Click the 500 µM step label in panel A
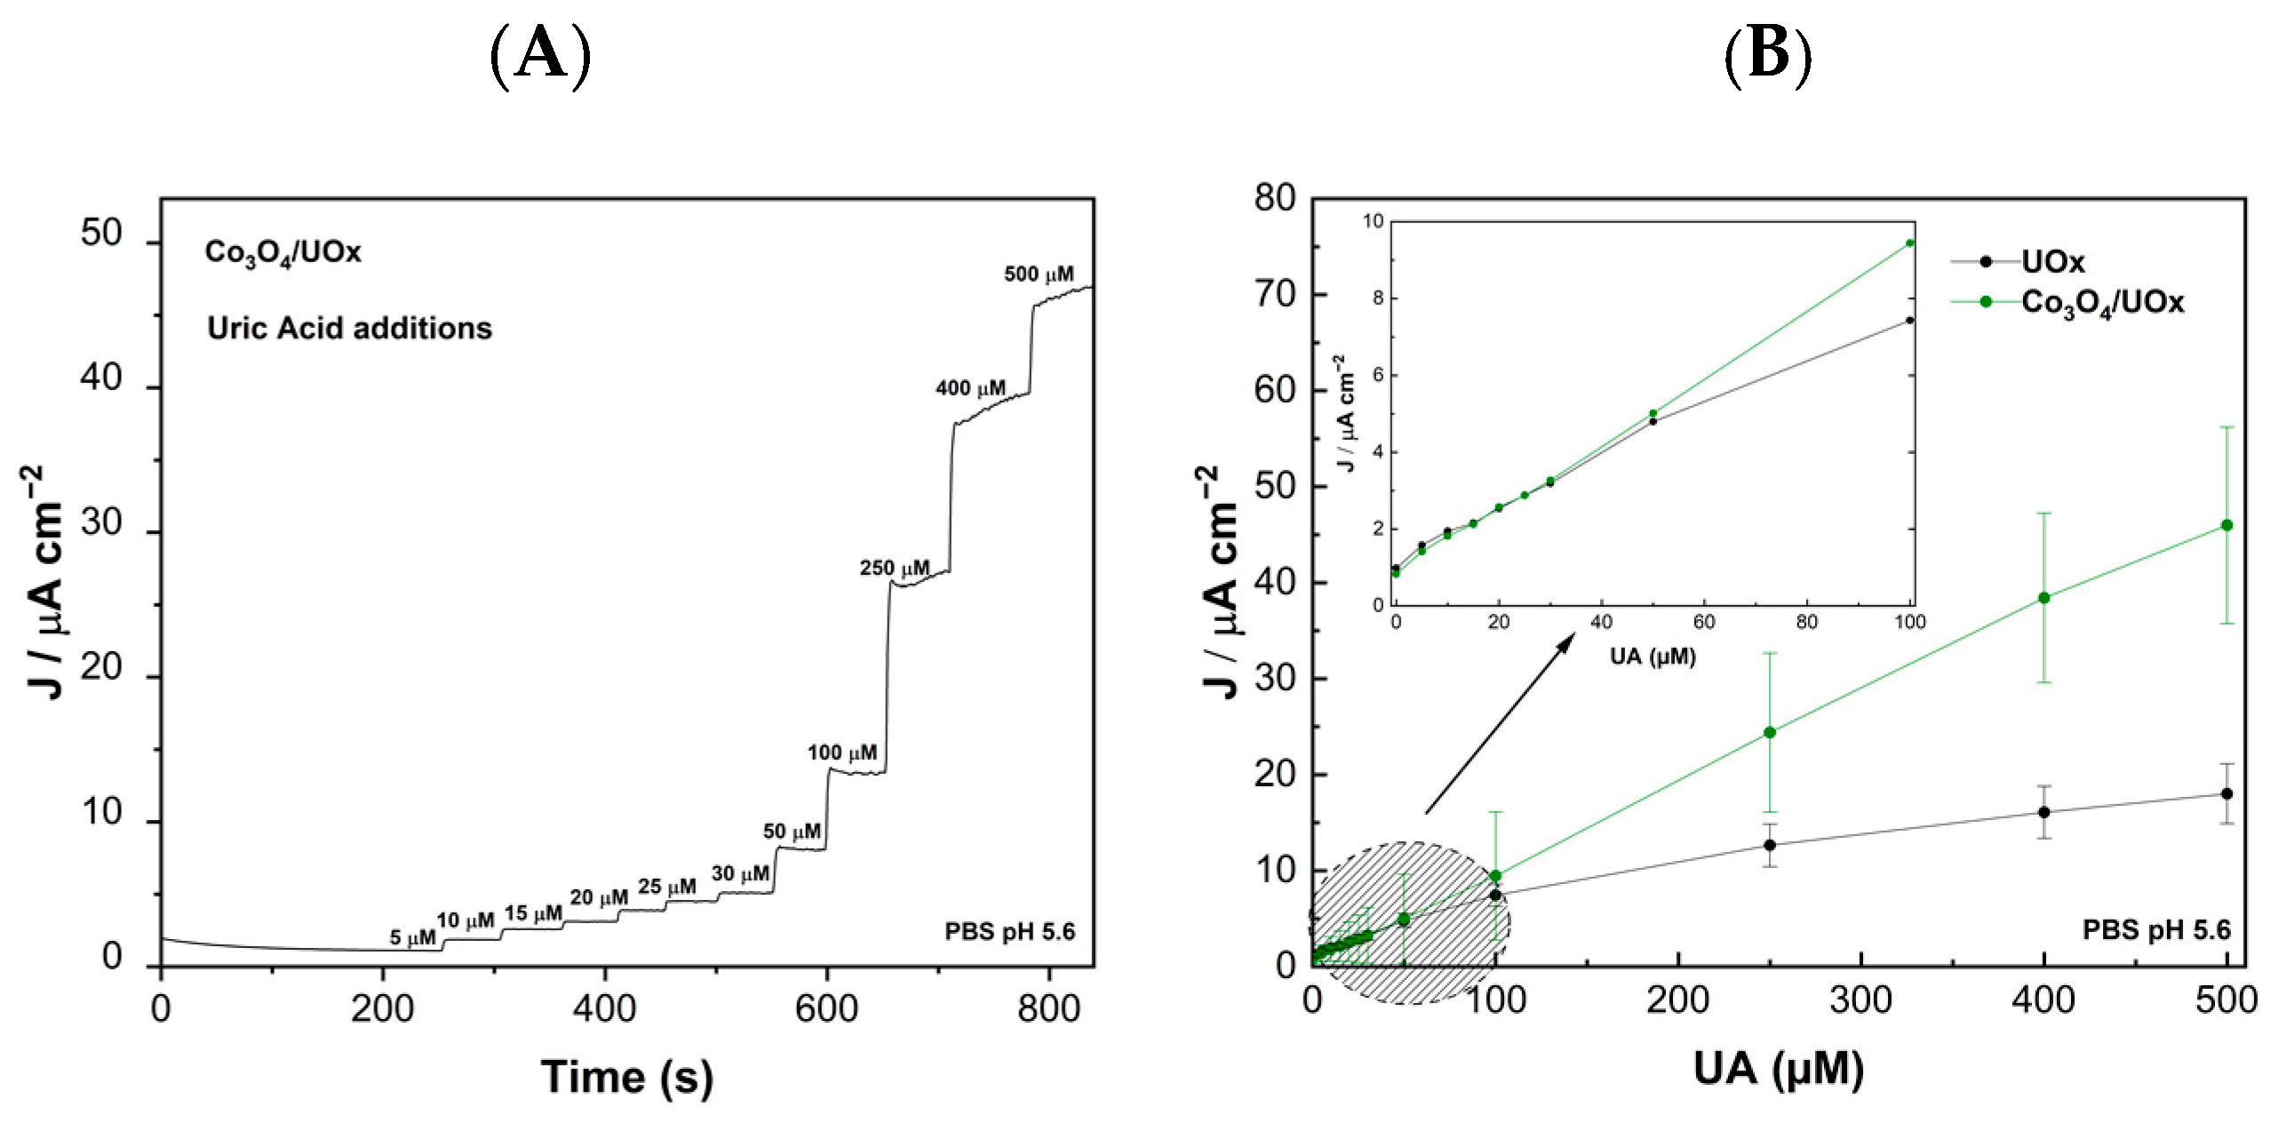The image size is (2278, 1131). (x=1039, y=275)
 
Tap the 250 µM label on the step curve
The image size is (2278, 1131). (x=894, y=568)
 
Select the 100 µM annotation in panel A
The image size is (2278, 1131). (x=841, y=753)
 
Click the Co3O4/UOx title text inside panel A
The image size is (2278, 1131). (x=283, y=252)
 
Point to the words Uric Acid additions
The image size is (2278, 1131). (x=349, y=328)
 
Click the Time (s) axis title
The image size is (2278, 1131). (x=626, y=1077)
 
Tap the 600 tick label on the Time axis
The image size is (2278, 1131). (x=826, y=1009)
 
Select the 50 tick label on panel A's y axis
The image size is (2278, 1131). (x=100, y=234)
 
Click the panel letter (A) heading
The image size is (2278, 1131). (x=540, y=55)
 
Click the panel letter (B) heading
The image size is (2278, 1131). (x=1767, y=55)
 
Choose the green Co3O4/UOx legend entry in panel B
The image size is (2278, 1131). (x=2101, y=303)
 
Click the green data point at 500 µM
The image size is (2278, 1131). (x=2226, y=525)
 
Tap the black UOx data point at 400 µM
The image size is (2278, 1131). (x=2043, y=812)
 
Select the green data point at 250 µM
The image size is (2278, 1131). (x=1770, y=732)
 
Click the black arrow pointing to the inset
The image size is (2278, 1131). (x=1500, y=723)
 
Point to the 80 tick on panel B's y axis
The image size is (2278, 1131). (x=1275, y=197)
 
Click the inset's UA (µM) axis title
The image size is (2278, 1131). (x=1653, y=657)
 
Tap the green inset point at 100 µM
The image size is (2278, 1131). (x=1910, y=243)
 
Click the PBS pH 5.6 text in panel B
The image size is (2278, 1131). (x=2156, y=930)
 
